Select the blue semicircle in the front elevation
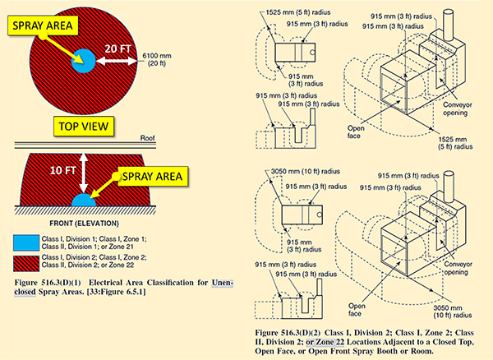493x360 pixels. pyautogui.click(x=83, y=201)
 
